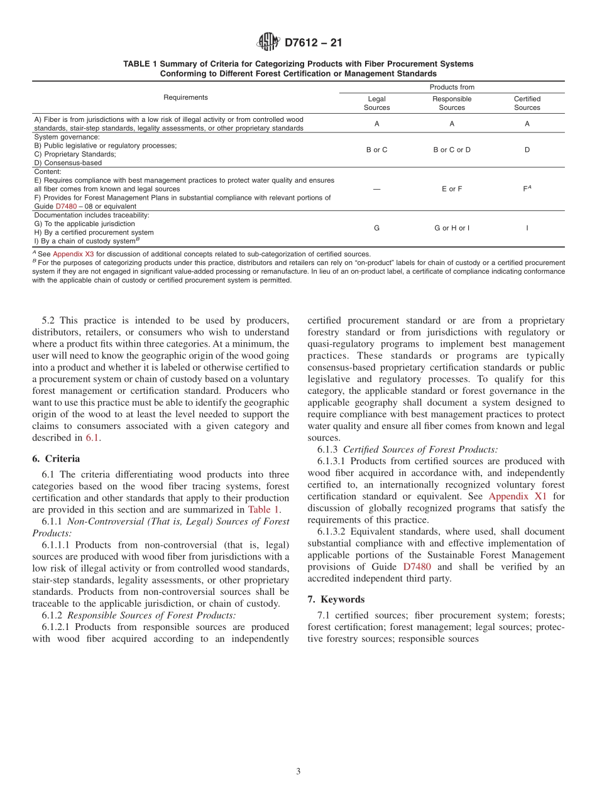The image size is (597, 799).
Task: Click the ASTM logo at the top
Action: tap(268, 42)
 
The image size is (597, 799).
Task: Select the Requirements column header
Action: tap(185, 97)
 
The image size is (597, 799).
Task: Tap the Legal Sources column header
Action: tap(376, 103)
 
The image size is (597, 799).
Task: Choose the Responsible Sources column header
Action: tap(451, 103)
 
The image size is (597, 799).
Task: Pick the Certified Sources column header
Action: tap(527, 103)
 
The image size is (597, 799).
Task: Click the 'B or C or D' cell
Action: tap(451, 150)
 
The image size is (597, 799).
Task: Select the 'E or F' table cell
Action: tap(451, 189)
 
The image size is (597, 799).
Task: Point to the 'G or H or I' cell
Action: tap(451, 228)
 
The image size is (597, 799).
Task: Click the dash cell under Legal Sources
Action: tap(376, 189)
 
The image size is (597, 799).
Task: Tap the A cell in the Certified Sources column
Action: tap(527, 124)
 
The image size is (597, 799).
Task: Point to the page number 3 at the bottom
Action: tap(298, 771)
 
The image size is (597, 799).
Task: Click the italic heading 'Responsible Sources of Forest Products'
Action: tap(151, 615)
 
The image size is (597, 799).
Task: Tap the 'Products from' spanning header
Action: tap(451, 87)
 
